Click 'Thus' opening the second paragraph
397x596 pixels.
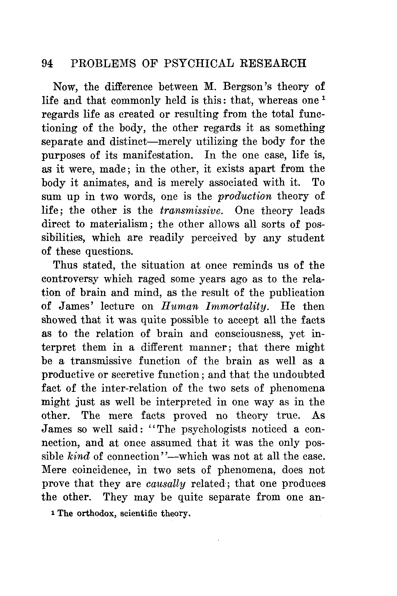point(65,265)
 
